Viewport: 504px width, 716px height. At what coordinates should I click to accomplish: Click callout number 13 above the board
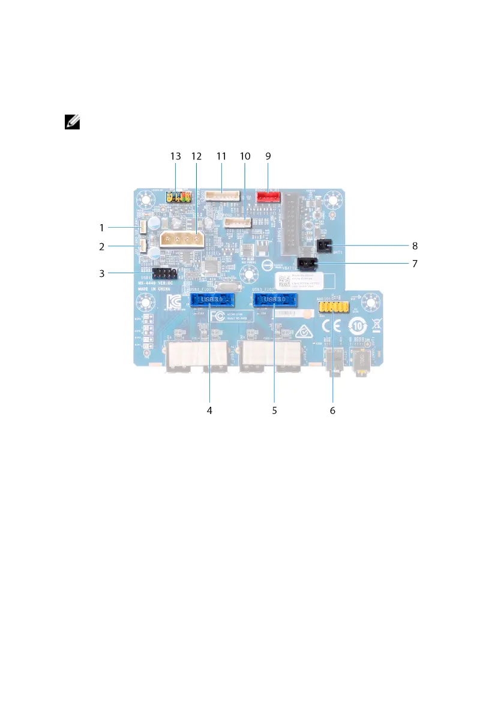tap(175, 156)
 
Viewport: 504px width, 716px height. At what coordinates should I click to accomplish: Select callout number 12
tap(197, 156)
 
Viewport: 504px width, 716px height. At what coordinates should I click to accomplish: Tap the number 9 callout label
tap(268, 156)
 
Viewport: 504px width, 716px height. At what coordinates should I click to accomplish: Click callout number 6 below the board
tap(333, 410)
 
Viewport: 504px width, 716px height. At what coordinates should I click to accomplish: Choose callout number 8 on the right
tap(415, 245)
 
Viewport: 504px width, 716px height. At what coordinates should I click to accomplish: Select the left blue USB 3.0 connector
tap(212, 299)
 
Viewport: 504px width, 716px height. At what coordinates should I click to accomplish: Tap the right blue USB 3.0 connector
tap(275, 299)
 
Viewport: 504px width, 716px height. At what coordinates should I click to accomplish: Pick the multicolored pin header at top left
tap(178, 197)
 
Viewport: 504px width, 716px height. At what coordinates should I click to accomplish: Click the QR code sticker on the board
tap(284, 283)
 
